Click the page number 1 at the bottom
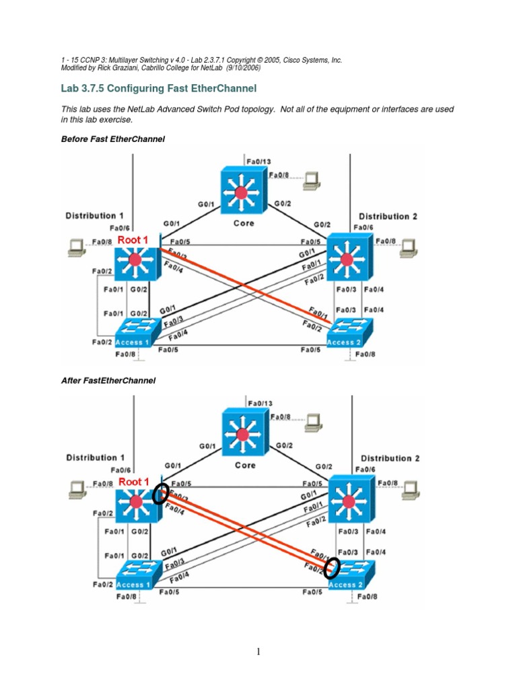[x=258, y=651]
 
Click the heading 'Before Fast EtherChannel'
[x=113, y=139]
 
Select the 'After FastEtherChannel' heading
[x=108, y=380]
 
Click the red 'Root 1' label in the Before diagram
[x=133, y=240]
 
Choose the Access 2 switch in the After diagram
[x=350, y=576]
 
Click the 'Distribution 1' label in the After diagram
[x=94, y=458]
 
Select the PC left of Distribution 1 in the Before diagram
[x=76, y=248]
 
